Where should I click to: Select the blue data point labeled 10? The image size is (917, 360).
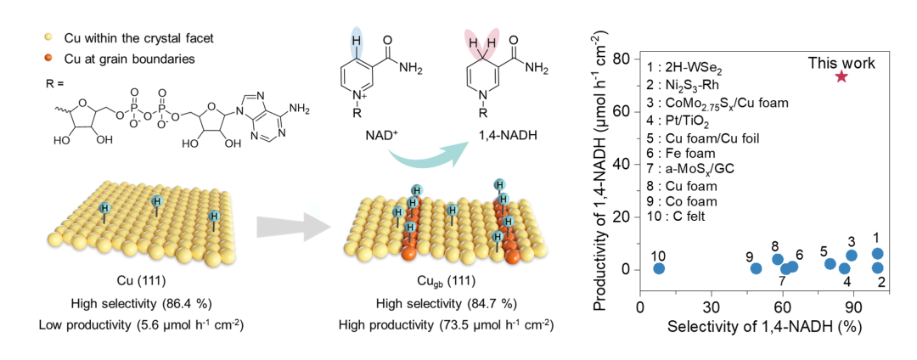point(658,269)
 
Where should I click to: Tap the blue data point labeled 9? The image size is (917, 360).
point(756,269)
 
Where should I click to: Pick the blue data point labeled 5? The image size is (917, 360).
point(830,264)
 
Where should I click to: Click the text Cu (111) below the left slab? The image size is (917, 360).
point(136,280)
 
